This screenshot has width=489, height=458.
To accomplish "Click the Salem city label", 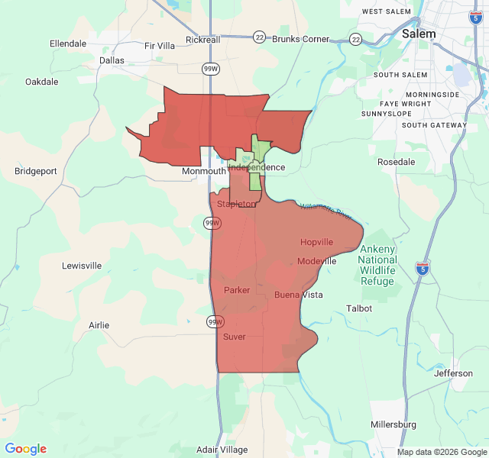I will [x=419, y=34].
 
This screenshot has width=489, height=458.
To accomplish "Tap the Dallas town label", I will [x=112, y=60].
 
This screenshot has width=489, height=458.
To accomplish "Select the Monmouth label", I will [x=204, y=172].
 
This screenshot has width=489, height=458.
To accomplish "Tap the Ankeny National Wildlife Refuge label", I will [x=377, y=265].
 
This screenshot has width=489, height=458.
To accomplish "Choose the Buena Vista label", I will [x=298, y=295].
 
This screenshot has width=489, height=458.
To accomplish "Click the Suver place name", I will [x=235, y=337].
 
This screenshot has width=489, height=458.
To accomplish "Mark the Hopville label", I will [x=316, y=242].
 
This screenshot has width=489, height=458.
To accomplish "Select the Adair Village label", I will [x=222, y=450].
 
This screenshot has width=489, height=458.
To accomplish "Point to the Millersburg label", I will [x=393, y=424].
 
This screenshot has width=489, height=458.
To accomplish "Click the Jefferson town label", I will [x=454, y=373].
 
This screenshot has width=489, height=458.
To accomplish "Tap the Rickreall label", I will [x=203, y=40].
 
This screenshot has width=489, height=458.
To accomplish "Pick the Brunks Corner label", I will [x=301, y=39].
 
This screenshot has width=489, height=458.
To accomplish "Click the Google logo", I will [x=26, y=449].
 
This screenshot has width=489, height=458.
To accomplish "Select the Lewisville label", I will [x=82, y=266].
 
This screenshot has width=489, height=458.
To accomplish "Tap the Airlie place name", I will [x=99, y=325].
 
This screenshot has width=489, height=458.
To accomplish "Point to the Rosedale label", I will [x=397, y=162].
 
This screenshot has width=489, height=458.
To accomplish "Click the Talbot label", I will [x=359, y=308].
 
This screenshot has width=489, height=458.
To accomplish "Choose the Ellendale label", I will [x=68, y=44].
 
